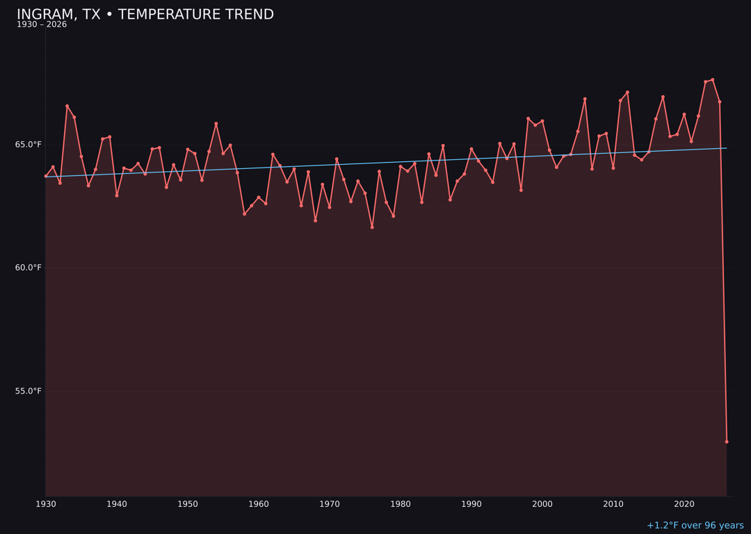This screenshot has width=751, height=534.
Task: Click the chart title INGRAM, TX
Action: (145, 15)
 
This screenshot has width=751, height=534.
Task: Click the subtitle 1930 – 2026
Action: (42, 25)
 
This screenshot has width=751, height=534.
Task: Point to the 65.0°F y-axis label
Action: (29, 145)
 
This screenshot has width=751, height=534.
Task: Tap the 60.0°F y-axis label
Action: (29, 268)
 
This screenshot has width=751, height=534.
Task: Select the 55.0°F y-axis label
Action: (29, 391)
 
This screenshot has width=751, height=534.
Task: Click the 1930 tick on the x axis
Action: (46, 503)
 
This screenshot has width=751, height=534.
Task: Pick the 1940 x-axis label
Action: (117, 503)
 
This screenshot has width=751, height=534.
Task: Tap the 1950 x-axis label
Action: (188, 503)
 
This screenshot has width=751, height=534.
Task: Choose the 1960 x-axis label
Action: (259, 503)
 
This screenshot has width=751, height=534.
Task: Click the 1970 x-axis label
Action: (330, 503)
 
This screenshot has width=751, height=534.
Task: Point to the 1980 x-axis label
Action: (401, 503)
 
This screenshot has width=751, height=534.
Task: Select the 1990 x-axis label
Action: (471, 503)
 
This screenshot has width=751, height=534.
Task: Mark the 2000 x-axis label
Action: (542, 503)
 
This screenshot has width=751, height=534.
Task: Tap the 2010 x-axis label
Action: (613, 503)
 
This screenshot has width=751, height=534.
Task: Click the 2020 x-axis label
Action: (684, 503)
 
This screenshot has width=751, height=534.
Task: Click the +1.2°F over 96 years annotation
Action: (695, 526)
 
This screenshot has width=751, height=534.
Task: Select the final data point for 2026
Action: (727, 442)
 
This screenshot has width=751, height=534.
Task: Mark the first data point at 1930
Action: (46, 176)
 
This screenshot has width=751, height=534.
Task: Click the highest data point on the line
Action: (713, 80)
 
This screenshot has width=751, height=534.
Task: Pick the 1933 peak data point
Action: (67, 106)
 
